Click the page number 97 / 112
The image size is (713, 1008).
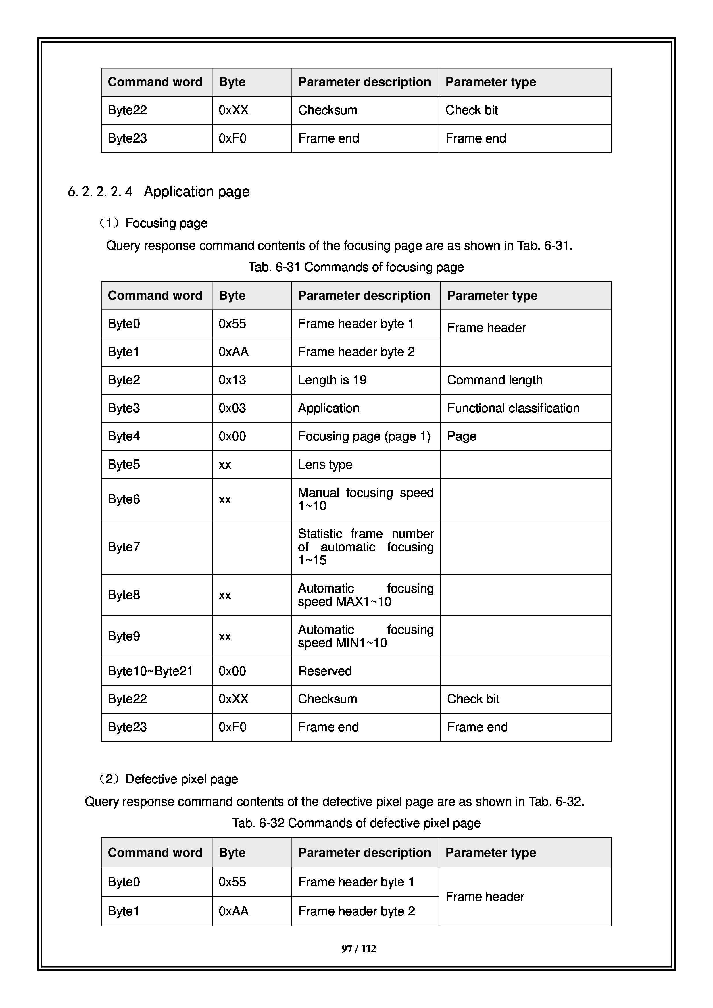(x=359, y=949)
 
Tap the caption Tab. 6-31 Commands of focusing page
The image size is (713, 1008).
(x=356, y=267)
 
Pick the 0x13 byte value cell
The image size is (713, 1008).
(x=232, y=380)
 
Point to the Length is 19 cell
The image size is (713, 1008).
(x=332, y=380)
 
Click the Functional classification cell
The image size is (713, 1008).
(x=513, y=408)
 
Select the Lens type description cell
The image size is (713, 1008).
(x=325, y=464)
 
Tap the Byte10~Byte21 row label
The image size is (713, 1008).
(x=150, y=671)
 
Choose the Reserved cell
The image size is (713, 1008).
(x=325, y=671)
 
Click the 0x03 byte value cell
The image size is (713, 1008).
(x=232, y=408)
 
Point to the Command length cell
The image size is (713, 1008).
(x=495, y=380)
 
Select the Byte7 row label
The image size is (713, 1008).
(x=124, y=547)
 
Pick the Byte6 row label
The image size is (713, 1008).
(x=124, y=499)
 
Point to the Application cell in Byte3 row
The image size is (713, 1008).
(x=329, y=408)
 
